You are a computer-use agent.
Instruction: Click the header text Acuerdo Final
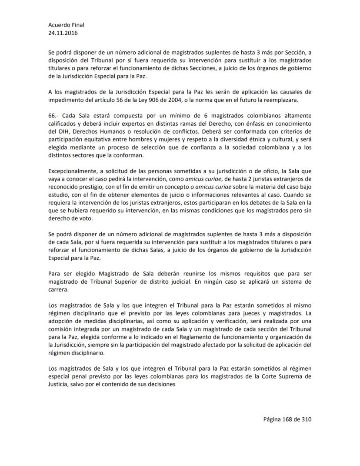click(x=66, y=25)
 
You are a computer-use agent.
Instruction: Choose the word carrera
click(x=58, y=289)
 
